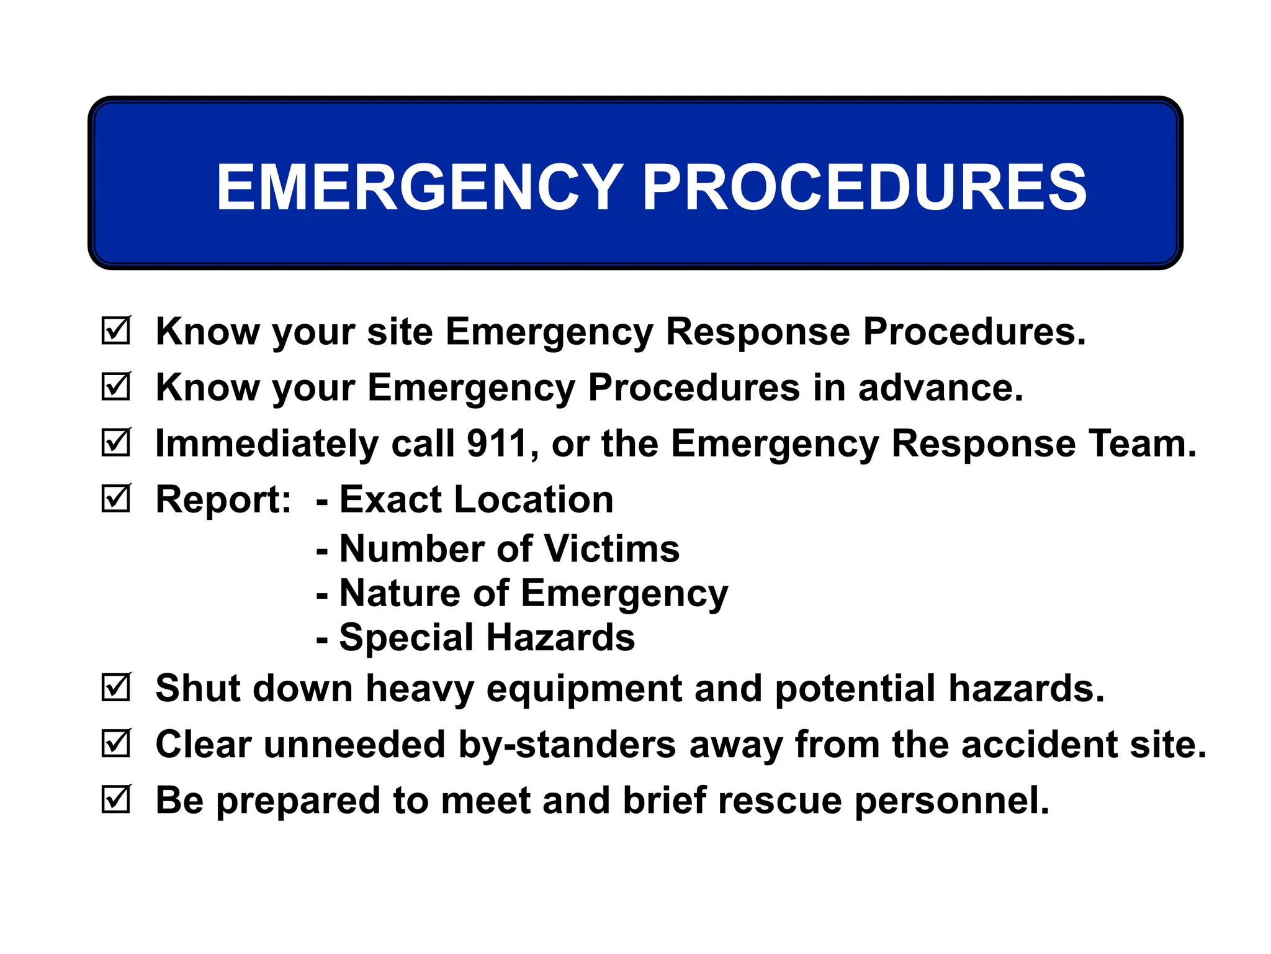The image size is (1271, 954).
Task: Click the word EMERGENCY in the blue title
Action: pyautogui.click(x=420, y=187)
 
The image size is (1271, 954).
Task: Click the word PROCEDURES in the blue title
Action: pyautogui.click(x=865, y=187)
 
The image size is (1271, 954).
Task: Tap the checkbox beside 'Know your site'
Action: pyautogui.click(x=116, y=330)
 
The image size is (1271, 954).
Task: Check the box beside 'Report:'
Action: pyautogui.click(x=116, y=498)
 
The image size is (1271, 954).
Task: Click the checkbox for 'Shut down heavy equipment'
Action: pyautogui.click(x=116, y=688)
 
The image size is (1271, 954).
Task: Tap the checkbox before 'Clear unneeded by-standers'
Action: pyautogui.click(x=116, y=743)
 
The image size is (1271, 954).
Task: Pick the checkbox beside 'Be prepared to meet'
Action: pyautogui.click(x=116, y=799)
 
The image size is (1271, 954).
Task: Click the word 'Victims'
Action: pyautogui.click(x=612, y=549)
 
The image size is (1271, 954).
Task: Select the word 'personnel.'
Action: pyautogui.click(x=952, y=801)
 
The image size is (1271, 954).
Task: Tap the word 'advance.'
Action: pyautogui.click(x=941, y=388)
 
